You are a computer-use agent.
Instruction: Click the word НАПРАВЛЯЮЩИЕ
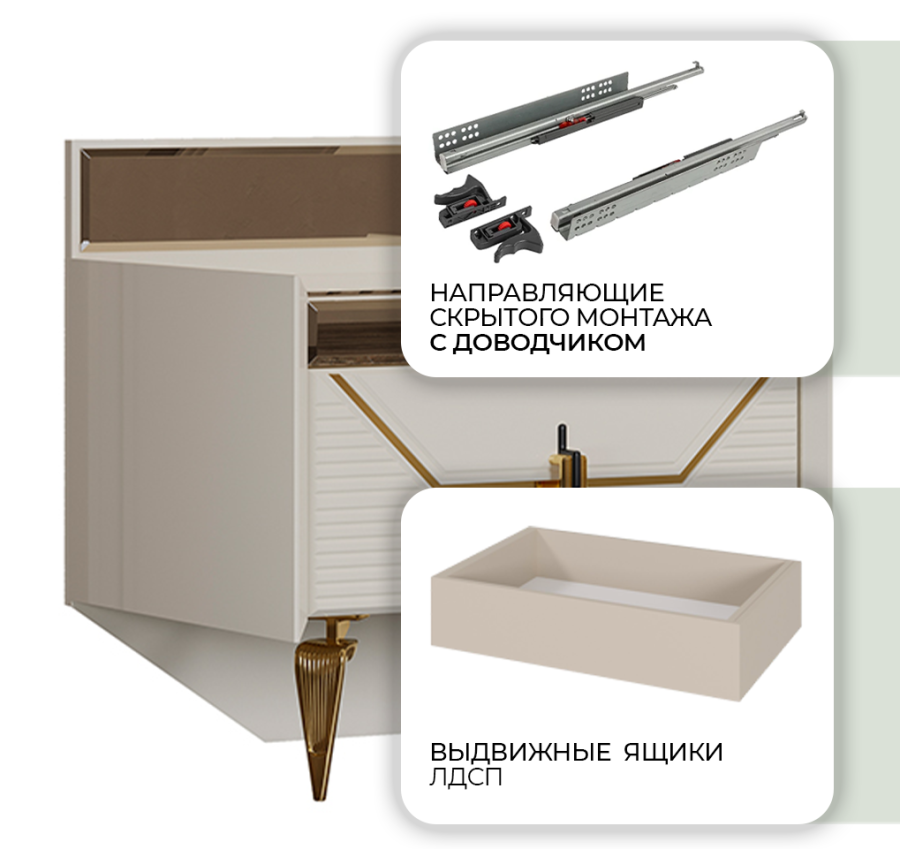[x=546, y=293]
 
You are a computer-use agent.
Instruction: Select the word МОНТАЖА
[x=644, y=317]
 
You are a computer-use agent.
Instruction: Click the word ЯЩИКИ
[x=673, y=751]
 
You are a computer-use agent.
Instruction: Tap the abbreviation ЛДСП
[x=465, y=777]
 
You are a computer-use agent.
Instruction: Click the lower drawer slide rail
[x=678, y=175]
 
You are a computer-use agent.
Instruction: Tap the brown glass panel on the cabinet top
[x=241, y=196]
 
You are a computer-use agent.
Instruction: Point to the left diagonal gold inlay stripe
[x=381, y=429]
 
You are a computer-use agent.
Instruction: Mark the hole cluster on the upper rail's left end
[x=457, y=137]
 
